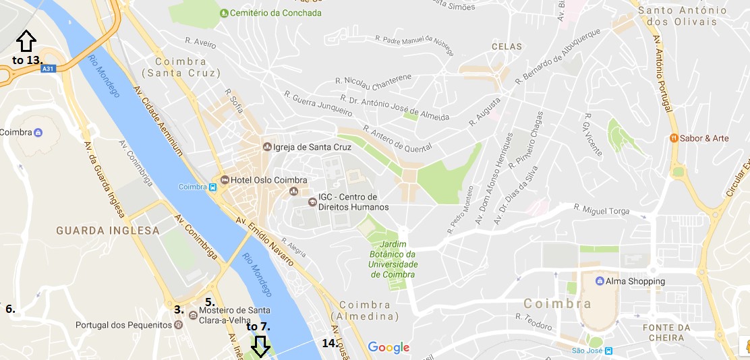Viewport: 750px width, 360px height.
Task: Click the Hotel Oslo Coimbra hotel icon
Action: (x=224, y=181)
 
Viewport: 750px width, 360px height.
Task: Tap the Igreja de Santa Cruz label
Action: (x=301, y=146)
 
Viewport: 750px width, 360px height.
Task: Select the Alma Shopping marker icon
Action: (x=600, y=281)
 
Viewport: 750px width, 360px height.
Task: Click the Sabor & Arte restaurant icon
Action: (x=673, y=138)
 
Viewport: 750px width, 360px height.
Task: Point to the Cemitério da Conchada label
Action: (x=275, y=13)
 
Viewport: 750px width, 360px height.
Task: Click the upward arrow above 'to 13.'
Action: (x=26, y=41)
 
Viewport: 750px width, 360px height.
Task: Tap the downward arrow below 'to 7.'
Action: (x=260, y=347)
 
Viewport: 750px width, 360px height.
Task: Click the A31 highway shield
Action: (x=47, y=69)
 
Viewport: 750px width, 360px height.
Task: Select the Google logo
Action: (x=388, y=348)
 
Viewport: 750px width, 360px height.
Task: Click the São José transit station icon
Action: (x=608, y=351)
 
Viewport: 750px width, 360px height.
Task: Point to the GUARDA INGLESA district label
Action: (x=108, y=231)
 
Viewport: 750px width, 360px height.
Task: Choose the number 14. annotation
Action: (x=330, y=343)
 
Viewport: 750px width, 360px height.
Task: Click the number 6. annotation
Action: (x=10, y=309)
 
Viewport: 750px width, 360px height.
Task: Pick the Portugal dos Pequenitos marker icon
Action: (x=178, y=325)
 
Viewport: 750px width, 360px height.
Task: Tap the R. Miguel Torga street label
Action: (x=601, y=209)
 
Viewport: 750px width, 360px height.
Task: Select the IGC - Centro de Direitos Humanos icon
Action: (x=312, y=202)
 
